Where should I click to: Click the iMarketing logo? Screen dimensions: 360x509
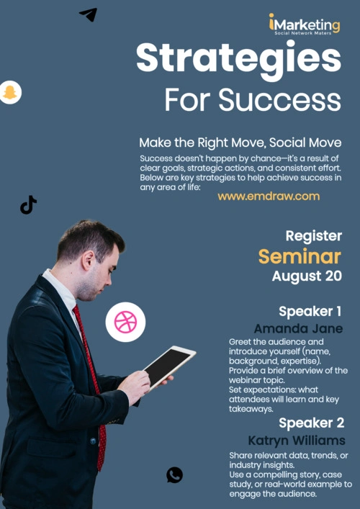(305, 24)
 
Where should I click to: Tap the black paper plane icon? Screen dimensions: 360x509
(89, 14)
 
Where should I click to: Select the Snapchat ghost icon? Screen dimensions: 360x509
(10, 93)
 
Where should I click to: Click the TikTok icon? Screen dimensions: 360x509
(28, 205)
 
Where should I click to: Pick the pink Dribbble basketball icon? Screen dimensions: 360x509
(125, 322)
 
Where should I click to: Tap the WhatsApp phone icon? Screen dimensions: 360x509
(174, 475)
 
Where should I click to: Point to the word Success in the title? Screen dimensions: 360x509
(280, 99)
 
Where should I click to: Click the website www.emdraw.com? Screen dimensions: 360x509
(269, 197)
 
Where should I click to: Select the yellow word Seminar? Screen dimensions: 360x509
(300, 257)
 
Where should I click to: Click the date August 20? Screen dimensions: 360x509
(307, 276)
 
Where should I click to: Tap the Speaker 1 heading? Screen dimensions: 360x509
(310, 312)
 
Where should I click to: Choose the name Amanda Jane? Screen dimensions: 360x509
(298, 328)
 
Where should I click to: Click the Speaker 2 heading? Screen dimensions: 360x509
(311, 423)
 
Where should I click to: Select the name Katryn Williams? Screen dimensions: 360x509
(297, 441)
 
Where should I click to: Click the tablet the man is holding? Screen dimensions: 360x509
(170, 366)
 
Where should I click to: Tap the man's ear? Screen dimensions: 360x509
(87, 261)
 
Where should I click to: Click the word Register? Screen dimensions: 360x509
(314, 236)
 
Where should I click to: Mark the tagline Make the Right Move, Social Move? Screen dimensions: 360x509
(240, 143)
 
